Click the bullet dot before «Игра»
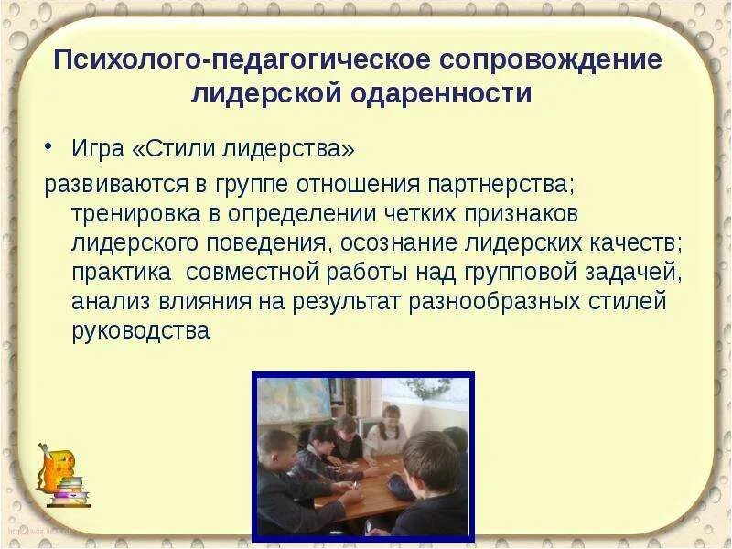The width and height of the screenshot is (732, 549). pos(51,148)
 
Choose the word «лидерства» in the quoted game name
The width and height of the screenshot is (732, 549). pos(294,148)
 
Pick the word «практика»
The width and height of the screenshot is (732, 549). pos(121,272)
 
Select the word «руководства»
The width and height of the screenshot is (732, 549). pos(141,332)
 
